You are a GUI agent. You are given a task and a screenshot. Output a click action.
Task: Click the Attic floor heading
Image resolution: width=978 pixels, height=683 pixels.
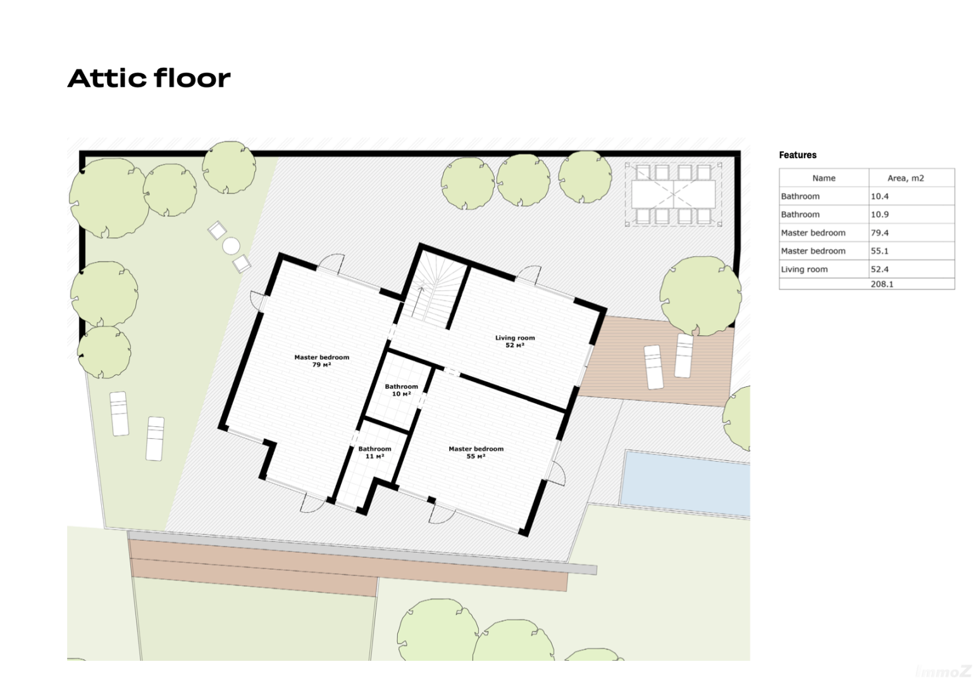click(x=149, y=78)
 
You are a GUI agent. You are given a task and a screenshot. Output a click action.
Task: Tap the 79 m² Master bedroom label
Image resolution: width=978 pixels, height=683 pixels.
click(x=322, y=361)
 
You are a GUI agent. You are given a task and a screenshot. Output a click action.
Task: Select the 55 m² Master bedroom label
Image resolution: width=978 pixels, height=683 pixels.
click(x=476, y=453)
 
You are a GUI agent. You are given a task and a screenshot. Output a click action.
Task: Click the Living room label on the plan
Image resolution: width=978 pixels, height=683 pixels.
click(x=515, y=341)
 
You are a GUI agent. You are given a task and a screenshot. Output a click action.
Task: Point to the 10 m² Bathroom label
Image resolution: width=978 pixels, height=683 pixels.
click(x=401, y=390)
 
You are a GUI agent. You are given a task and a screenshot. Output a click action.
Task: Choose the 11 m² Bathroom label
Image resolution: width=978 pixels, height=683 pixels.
click(x=374, y=453)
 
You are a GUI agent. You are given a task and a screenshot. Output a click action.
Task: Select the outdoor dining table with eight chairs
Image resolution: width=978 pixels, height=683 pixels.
click(x=673, y=194)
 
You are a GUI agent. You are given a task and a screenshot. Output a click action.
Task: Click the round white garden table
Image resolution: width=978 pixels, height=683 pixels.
click(x=231, y=246)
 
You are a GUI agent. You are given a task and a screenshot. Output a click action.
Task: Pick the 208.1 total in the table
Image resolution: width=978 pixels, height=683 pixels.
click(x=882, y=284)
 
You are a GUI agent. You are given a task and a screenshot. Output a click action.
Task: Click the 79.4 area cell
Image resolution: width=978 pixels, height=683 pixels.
click(x=880, y=233)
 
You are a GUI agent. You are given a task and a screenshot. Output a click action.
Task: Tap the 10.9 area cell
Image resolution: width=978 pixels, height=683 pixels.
click(x=880, y=214)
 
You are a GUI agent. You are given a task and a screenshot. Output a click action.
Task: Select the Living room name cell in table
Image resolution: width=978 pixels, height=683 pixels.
click(x=804, y=269)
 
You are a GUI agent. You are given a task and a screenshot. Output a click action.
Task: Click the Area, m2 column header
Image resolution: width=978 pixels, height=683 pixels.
click(x=905, y=178)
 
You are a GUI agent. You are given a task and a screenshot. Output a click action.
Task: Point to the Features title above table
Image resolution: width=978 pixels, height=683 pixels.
click(x=798, y=155)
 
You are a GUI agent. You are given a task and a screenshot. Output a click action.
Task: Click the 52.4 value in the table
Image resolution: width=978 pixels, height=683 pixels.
click(x=880, y=269)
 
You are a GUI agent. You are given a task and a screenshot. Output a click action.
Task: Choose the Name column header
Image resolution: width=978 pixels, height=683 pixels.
click(x=824, y=178)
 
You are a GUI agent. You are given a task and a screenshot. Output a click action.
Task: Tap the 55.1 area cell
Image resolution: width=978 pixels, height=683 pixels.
click(x=880, y=251)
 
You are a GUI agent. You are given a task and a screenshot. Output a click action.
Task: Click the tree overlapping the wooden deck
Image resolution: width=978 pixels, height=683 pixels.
click(x=700, y=296)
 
